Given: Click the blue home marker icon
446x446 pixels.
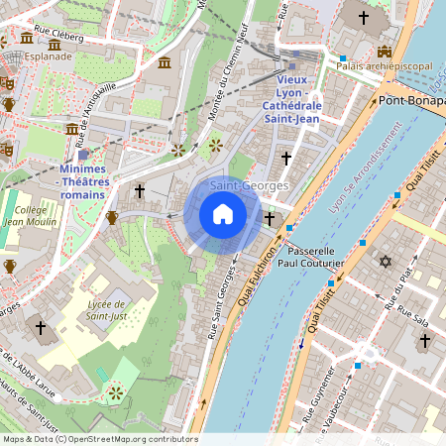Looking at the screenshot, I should (223, 214).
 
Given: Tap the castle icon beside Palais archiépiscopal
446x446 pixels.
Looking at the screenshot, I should (384, 52).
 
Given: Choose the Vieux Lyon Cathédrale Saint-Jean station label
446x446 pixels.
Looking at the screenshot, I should (290, 98).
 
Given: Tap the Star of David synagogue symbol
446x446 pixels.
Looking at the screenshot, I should (386, 262).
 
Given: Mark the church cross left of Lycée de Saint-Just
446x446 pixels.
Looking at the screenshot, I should (41, 326).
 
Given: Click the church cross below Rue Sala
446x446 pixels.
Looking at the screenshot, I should (425, 340).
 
